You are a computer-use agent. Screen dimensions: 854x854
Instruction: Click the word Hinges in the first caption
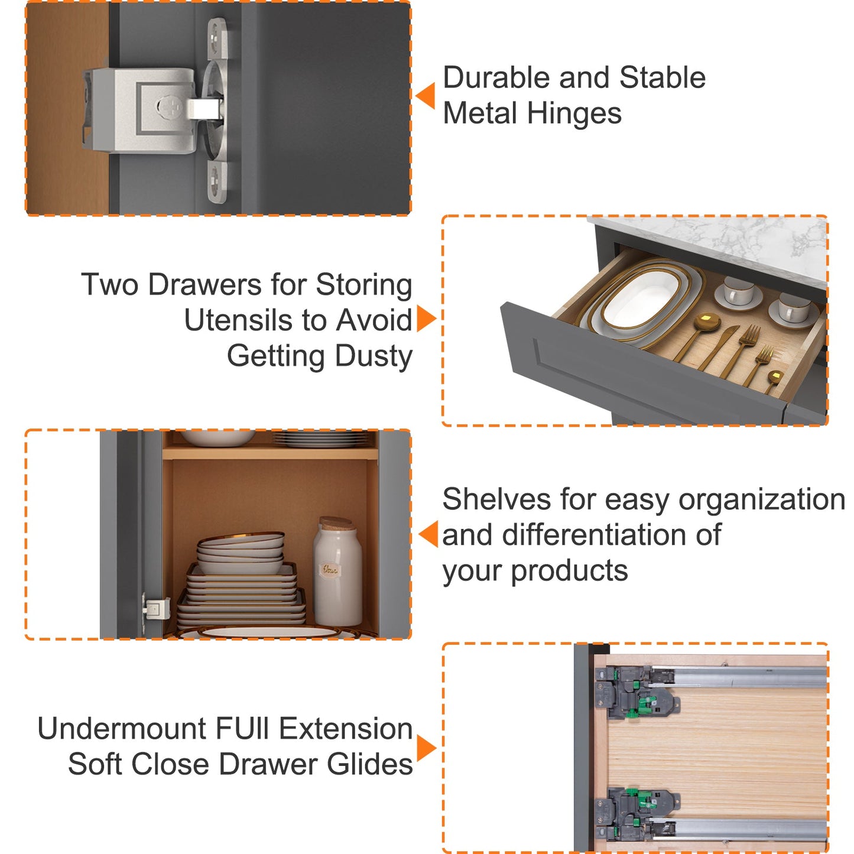[x=574, y=114]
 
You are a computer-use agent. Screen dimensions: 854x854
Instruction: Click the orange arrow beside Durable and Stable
[x=426, y=96]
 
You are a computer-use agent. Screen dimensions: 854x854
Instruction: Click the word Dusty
[x=374, y=357]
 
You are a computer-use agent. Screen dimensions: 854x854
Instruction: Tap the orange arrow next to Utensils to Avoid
[x=426, y=318]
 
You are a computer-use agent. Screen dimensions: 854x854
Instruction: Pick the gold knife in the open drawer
[x=719, y=348]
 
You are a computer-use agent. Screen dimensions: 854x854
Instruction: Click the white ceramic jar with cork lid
[x=337, y=572]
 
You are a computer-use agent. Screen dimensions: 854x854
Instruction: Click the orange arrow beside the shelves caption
[x=428, y=534]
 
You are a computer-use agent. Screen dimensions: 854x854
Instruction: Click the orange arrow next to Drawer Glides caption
[x=426, y=749]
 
